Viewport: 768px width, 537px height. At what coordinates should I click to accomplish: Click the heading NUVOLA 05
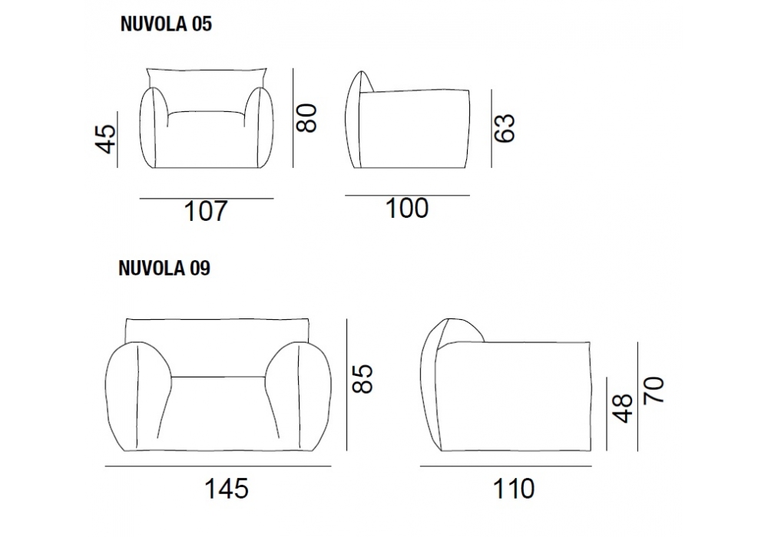tap(166, 24)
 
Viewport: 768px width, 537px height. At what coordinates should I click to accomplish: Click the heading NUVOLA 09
tap(164, 268)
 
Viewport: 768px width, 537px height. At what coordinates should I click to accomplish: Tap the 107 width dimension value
tap(206, 211)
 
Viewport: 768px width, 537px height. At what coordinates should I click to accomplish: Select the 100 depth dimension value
tap(407, 209)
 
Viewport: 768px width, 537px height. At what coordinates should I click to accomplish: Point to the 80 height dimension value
tap(308, 118)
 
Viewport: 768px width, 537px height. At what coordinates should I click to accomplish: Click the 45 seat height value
tap(106, 139)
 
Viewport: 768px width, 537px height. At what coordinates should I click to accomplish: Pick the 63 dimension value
tap(505, 128)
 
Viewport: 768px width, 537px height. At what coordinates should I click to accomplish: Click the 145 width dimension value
tap(227, 489)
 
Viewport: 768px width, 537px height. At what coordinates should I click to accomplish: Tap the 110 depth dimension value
tap(514, 489)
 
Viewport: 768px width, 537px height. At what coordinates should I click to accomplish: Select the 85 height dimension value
tap(363, 378)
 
